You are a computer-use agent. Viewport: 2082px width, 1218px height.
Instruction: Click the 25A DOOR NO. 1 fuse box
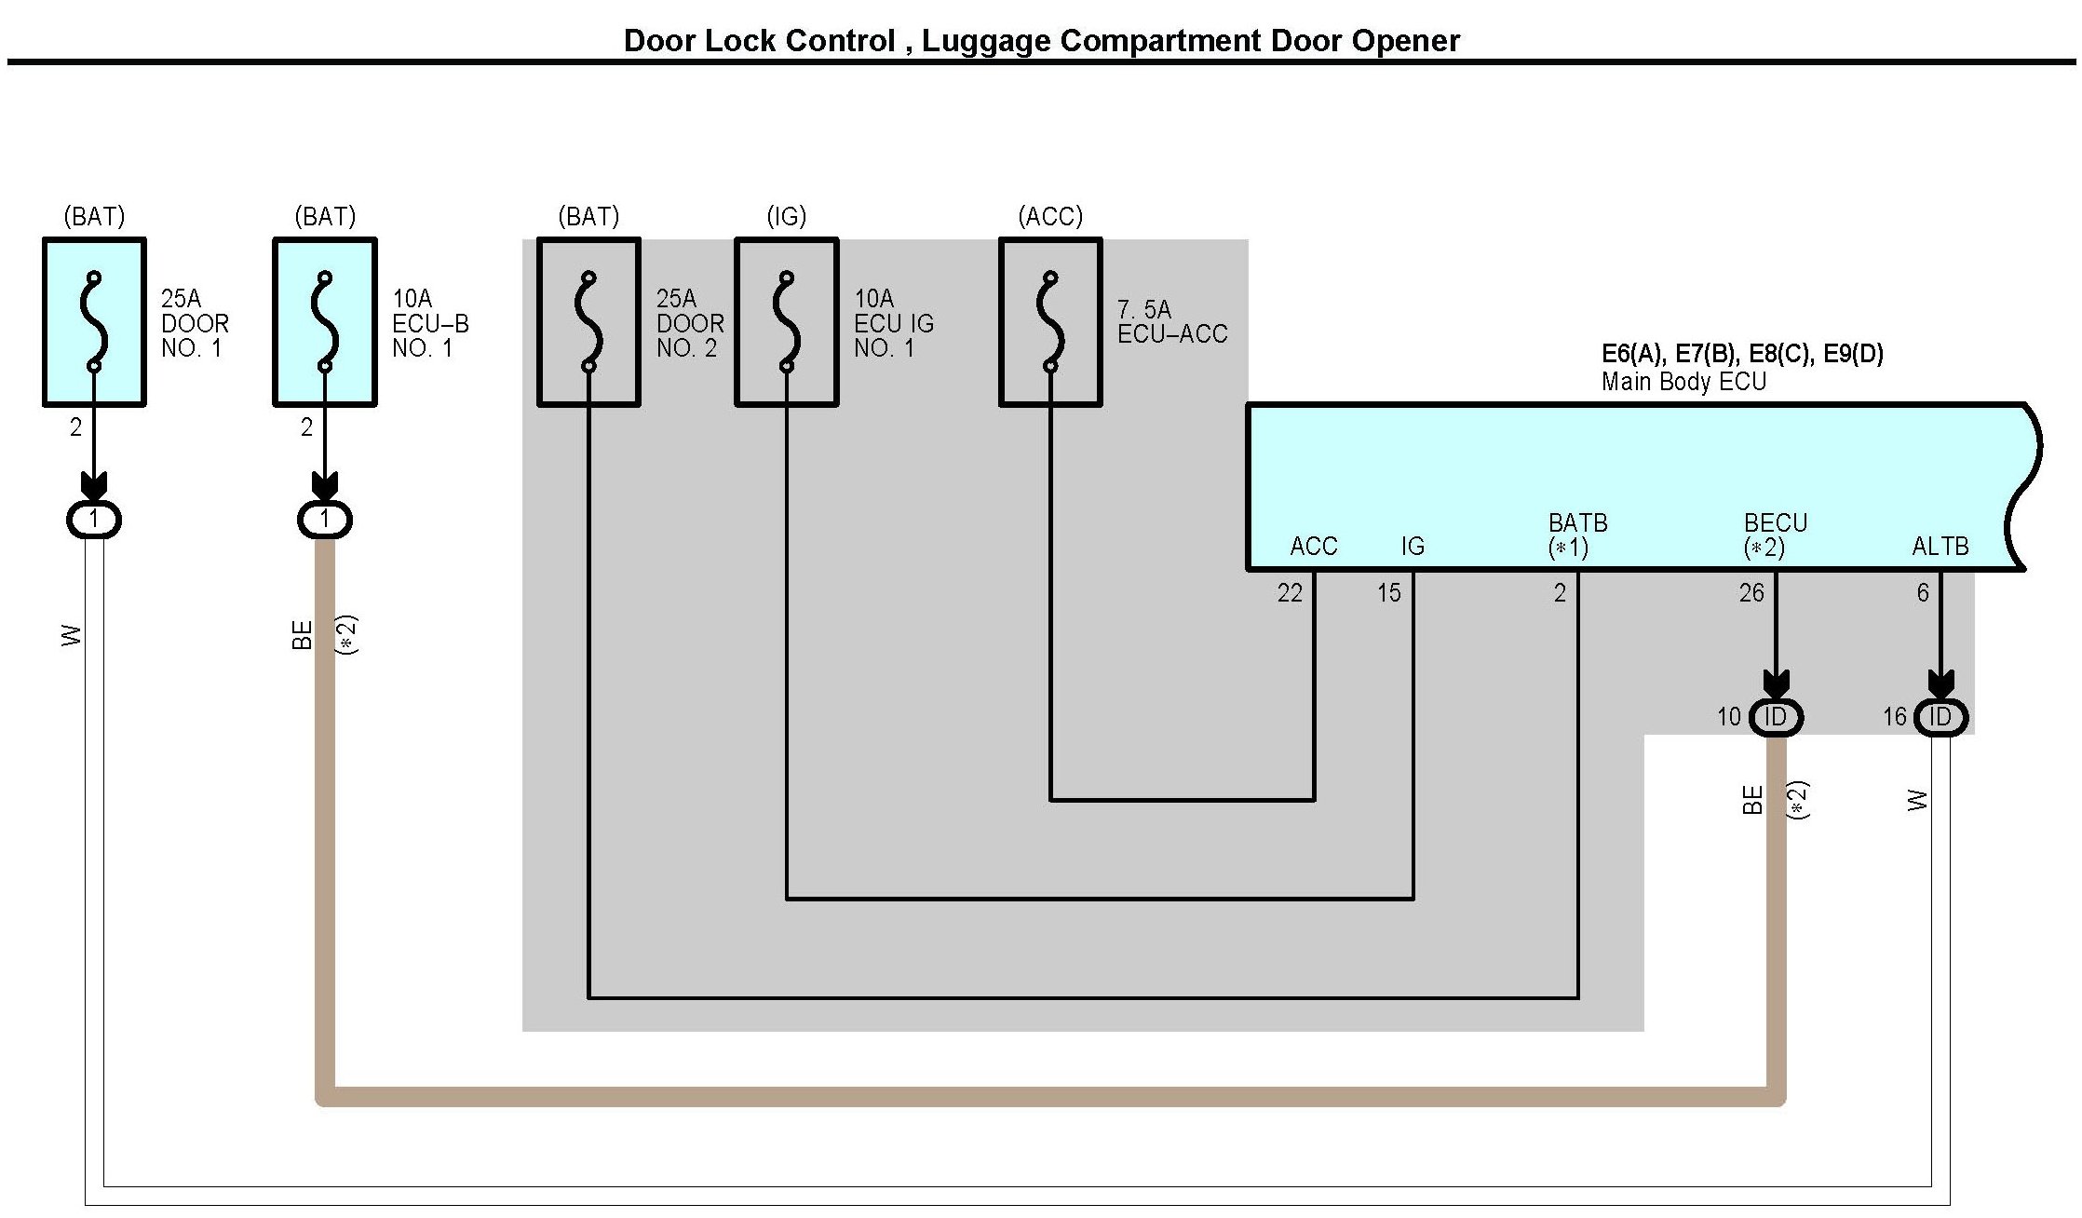(x=94, y=322)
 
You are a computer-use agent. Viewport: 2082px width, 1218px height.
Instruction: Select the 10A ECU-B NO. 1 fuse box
(x=325, y=322)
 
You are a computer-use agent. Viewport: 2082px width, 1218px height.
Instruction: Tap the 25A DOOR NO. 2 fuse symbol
(x=588, y=322)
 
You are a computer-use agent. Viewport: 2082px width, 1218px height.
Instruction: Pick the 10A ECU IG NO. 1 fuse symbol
(x=787, y=322)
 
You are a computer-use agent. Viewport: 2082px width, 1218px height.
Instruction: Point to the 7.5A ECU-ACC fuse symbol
(x=1050, y=322)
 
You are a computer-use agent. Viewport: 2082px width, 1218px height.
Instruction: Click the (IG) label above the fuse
(x=787, y=217)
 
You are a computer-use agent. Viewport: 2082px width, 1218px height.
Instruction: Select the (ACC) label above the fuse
(x=1050, y=217)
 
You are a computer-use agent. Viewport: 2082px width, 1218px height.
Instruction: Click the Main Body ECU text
(x=1683, y=382)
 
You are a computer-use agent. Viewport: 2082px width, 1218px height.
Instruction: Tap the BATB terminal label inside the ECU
(x=1577, y=522)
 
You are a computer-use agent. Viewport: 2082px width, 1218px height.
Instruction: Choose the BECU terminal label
(x=1775, y=522)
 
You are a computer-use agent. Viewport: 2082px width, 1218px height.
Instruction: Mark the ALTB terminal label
(x=1940, y=547)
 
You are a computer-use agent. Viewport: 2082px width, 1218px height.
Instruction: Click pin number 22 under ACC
(x=1290, y=593)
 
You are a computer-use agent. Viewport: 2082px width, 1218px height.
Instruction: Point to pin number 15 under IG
(x=1389, y=593)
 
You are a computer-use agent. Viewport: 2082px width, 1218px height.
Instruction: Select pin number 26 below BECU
(x=1751, y=593)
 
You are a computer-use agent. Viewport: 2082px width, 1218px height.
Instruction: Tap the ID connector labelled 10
(x=1776, y=717)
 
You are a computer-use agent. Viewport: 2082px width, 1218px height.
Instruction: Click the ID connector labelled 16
(x=1940, y=717)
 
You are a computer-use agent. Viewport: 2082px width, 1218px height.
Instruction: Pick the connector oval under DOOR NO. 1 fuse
(x=94, y=519)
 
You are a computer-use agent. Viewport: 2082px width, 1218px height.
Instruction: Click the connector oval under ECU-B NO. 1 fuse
(x=325, y=519)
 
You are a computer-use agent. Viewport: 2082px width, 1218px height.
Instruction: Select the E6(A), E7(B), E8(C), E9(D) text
(x=1742, y=354)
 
